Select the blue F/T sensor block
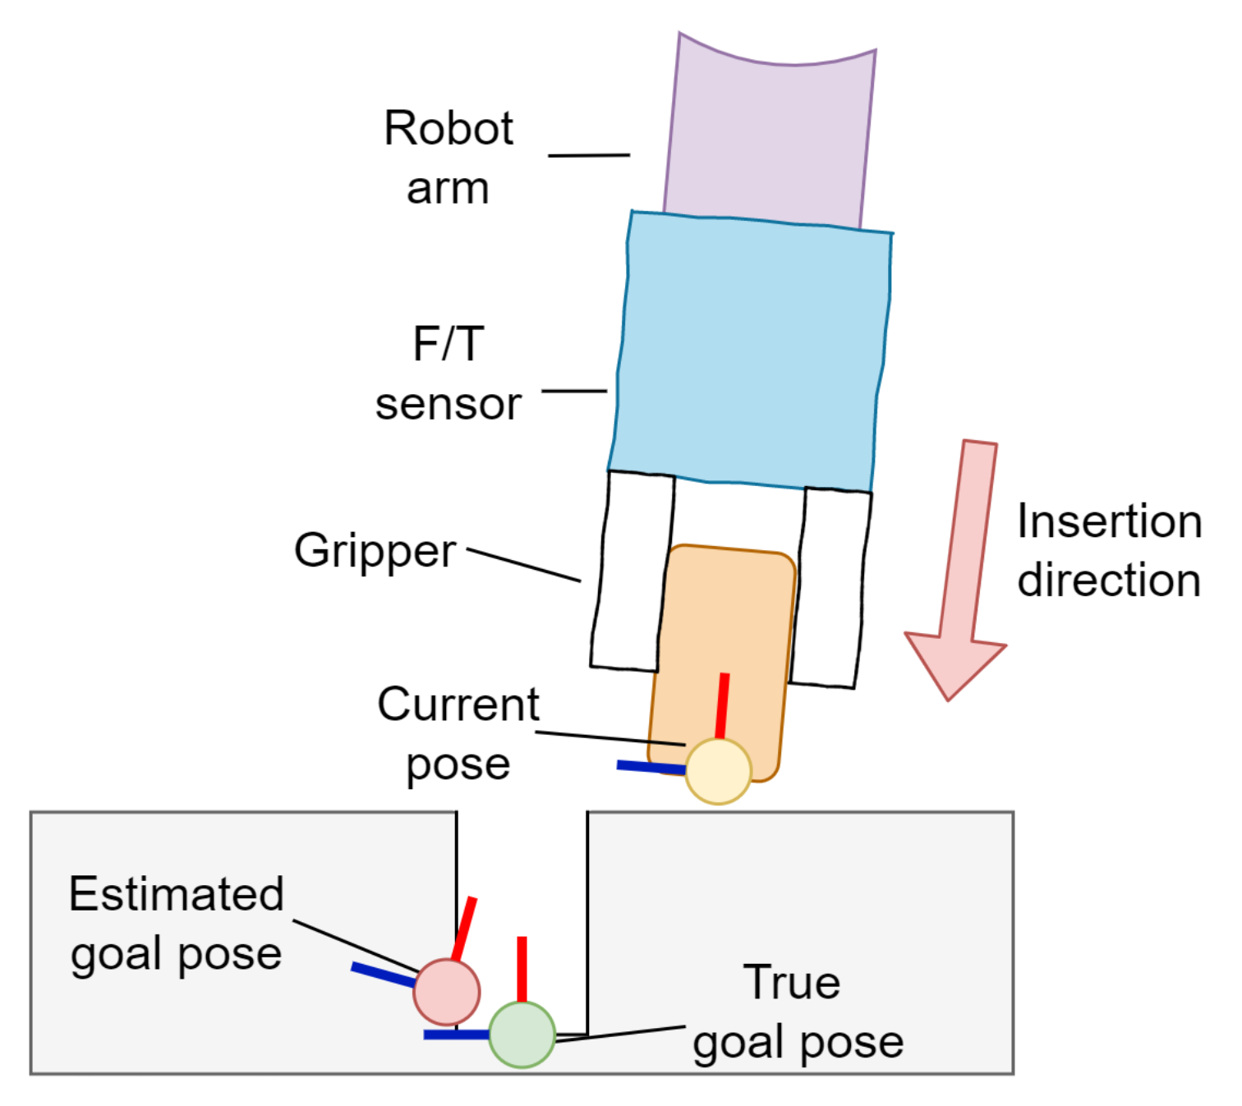752,349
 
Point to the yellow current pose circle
718,771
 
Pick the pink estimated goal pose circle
446,991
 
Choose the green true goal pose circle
522,1034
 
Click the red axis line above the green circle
522,969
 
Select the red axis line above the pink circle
463,929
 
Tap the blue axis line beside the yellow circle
651,767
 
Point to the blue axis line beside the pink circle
383,975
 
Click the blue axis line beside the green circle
457,1035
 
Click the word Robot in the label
448,129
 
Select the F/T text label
448,344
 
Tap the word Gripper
375,551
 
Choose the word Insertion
1109,521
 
